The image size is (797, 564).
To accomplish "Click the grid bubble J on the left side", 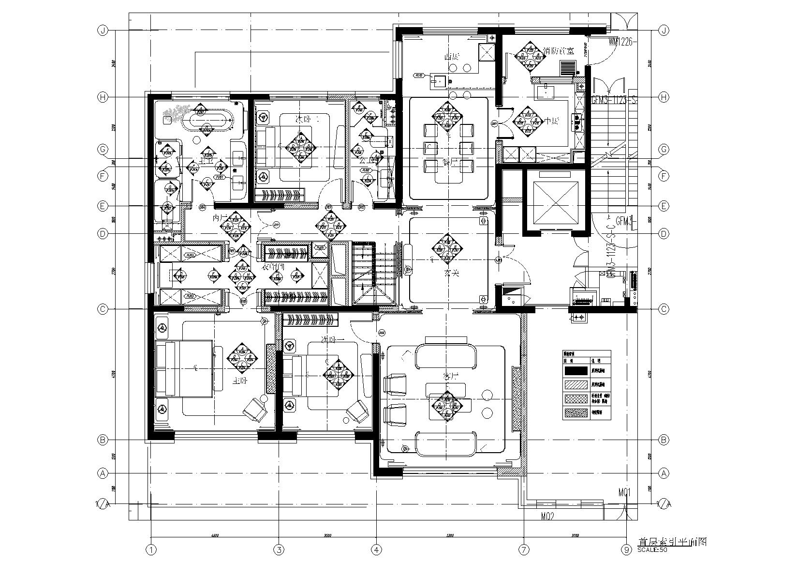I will coord(102,30).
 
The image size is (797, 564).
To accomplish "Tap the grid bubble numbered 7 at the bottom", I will coord(524,549).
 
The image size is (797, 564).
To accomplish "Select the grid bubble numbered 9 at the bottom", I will coord(627,549).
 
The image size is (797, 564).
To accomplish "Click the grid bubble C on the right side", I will coord(664,309).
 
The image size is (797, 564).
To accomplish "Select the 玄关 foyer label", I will coord(452,273).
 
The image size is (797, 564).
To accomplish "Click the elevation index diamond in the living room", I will coord(444,406).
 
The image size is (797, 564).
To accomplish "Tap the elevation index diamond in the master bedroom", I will coord(241,357).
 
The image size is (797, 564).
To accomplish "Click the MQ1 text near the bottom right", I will coord(625,492).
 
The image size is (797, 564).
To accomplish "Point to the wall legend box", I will coord(587,385).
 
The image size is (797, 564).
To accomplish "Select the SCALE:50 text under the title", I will coord(652,549).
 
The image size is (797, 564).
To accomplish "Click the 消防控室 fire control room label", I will coord(558,50).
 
